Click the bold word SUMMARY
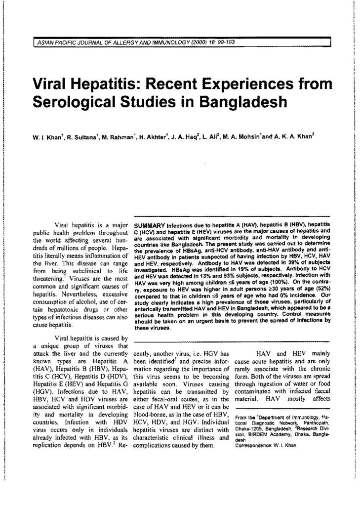(149, 225)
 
